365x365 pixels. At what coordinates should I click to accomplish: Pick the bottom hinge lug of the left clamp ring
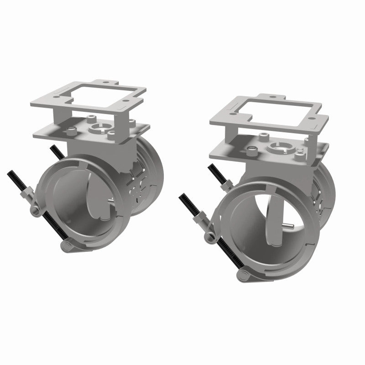(67, 246)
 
